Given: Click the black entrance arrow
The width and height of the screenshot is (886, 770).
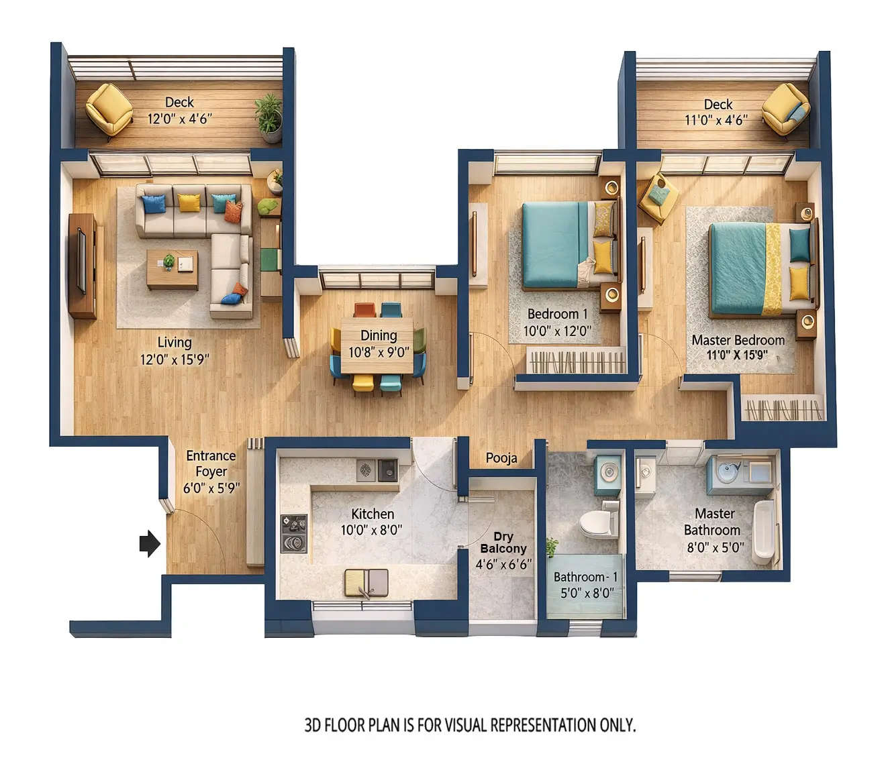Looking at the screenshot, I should [150, 543].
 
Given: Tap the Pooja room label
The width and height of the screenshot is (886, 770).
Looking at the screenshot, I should [501, 458].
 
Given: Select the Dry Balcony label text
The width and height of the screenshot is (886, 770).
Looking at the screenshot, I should [503, 543].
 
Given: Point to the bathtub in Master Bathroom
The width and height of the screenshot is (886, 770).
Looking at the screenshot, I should [763, 532].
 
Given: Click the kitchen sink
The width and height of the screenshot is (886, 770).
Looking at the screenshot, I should [366, 583].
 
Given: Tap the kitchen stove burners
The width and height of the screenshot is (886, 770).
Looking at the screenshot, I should [294, 533].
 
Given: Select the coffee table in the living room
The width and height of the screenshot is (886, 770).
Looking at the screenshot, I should [173, 269].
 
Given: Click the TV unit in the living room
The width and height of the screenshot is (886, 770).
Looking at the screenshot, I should [82, 265].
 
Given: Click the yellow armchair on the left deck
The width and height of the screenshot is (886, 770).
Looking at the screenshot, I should [109, 109].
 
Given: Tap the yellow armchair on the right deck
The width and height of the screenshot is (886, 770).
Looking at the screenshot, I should [786, 109].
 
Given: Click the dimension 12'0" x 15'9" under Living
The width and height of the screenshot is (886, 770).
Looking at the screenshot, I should [175, 360].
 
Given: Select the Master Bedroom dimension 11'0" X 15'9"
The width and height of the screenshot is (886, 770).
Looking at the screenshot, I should [737, 355].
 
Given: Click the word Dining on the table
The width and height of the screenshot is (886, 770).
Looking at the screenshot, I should [379, 335].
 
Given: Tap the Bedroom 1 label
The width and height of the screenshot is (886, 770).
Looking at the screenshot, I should [557, 314].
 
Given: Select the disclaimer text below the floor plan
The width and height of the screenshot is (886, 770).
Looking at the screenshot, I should [470, 725].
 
